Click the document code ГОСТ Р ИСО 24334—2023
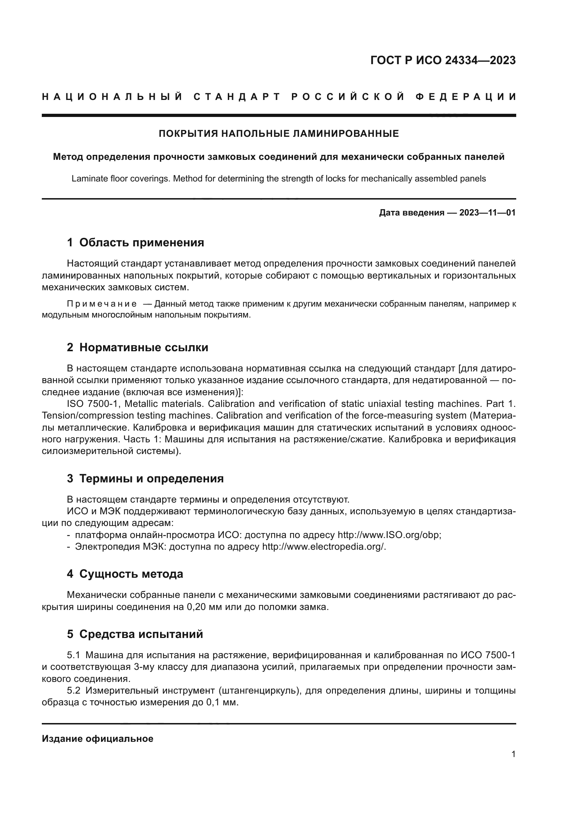pos(443,60)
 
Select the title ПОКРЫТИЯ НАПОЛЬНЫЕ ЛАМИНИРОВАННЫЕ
pos(278,134)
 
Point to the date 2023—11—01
pos(487,213)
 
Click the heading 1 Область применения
pos(135,242)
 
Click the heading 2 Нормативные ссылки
pos(137,347)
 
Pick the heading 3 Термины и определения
pos(145,478)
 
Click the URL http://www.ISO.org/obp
pos(389,535)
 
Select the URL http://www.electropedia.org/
pos(324,547)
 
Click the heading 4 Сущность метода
pos(125,574)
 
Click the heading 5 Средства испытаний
pos(135,634)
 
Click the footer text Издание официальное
pos(97,738)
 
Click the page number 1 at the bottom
pos(513,754)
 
